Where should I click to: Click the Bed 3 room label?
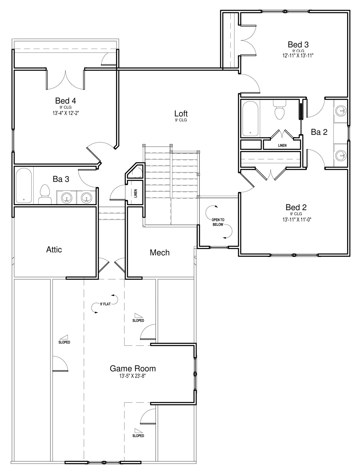tap(298, 44)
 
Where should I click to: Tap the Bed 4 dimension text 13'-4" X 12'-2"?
tap(66, 113)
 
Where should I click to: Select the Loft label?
tap(181, 113)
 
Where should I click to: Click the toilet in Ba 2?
tap(280, 110)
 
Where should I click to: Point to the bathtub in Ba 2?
tap(250, 119)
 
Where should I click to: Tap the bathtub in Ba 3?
tap(24, 186)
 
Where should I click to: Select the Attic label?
tap(54, 249)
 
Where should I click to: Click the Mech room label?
tap(160, 252)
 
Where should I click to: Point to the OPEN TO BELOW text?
tap(218, 222)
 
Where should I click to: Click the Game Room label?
tap(133, 368)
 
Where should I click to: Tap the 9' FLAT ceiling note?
tap(105, 304)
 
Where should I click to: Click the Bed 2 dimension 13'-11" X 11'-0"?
tap(297, 220)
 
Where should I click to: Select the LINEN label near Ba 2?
tap(282, 146)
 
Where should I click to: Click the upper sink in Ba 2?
tap(341, 111)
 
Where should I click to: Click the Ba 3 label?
tap(61, 179)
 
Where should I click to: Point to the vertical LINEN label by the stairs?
tap(136, 194)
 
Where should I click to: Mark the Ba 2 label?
tap(319, 132)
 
